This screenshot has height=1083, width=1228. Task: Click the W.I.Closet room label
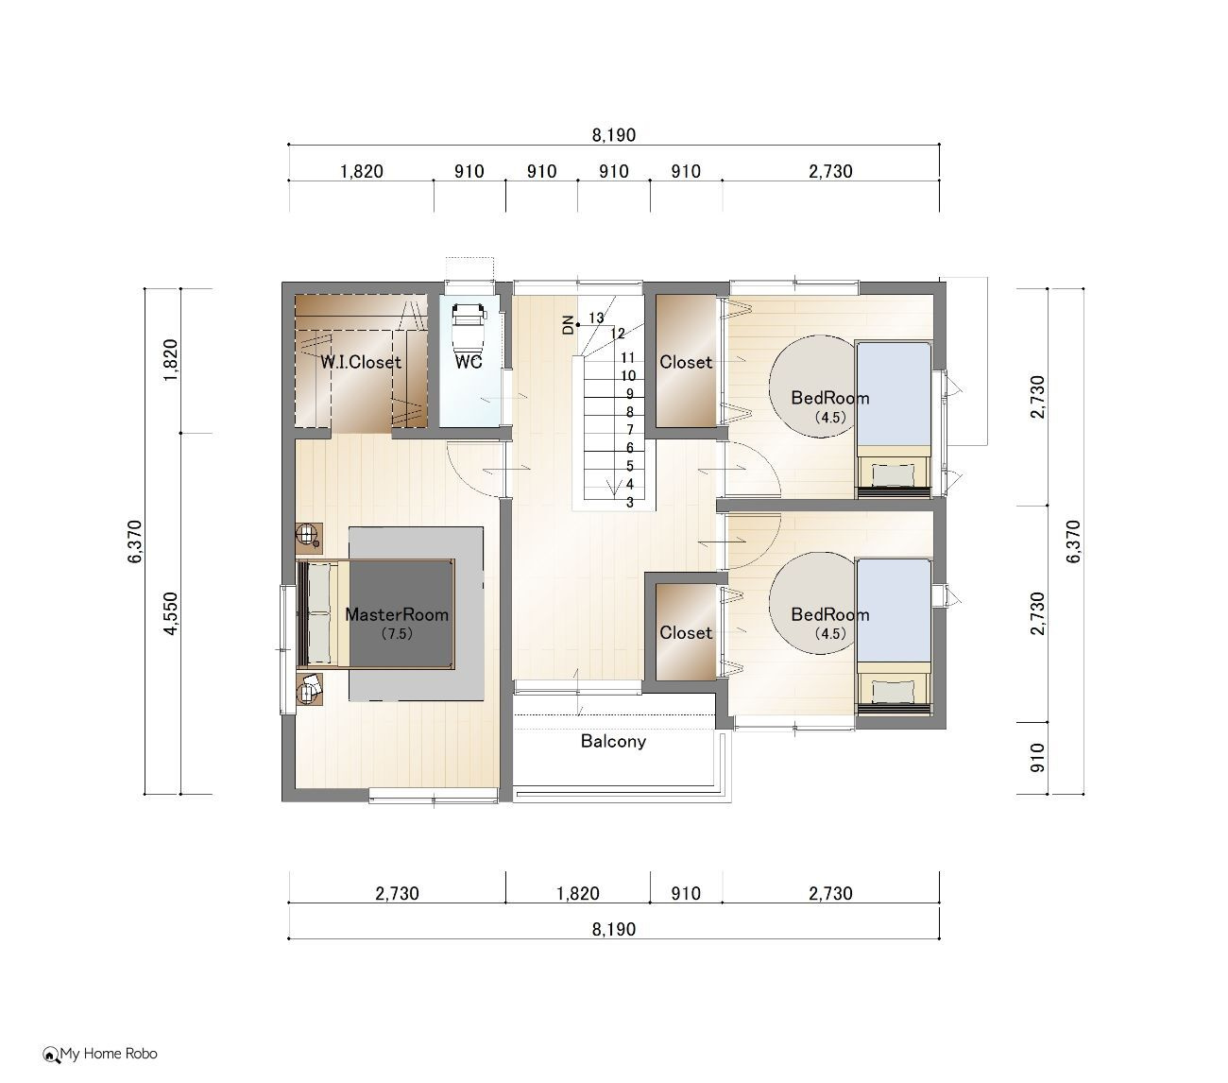click(x=361, y=362)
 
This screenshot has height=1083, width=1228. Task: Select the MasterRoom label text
click(x=397, y=614)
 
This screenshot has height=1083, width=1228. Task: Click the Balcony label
click(x=613, y=741)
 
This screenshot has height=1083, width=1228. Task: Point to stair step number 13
click(x=596, y=318)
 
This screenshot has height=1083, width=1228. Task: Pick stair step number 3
click(x=630, y=503)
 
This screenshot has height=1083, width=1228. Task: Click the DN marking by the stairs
click(x=568, y=325)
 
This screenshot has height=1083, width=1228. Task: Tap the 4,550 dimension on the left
click(x=172, y=613)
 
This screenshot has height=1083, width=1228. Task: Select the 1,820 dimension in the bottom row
click(x=578, y=893)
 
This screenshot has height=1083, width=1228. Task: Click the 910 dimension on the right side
click(x=1038, y=757)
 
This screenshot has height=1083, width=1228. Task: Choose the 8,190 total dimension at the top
click(x=613, y=134)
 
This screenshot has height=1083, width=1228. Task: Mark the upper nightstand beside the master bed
click(x=309, y=538)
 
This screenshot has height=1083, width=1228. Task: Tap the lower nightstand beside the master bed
click(x=309, y=688)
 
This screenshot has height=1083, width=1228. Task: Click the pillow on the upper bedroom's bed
click(x=893, y=474)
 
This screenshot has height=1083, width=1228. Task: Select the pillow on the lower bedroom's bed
click(x=893, y=691)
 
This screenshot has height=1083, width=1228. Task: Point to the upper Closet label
click(x=686, y=362)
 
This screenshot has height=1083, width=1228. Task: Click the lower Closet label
click(x=686, y=632)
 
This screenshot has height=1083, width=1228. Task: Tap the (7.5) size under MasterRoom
click(x=397, y=634)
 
